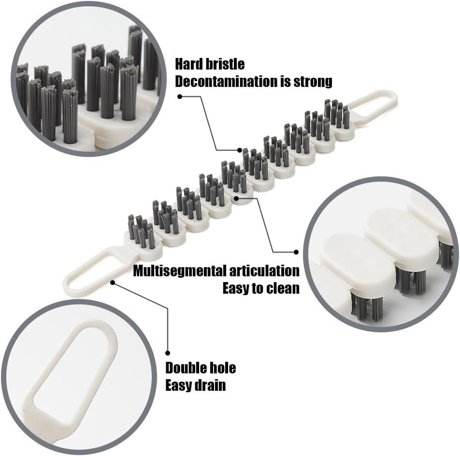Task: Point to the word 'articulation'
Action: (x=268, y=271)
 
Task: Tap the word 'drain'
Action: (x=210, y=385)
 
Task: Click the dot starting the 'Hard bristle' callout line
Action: (x=180, y=96)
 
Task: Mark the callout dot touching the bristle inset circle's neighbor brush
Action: (x=240, y=150)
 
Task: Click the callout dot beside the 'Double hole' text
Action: (x=168, y=353)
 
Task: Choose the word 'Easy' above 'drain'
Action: (x=179, y=385)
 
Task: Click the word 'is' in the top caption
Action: (x=285, y=81)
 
